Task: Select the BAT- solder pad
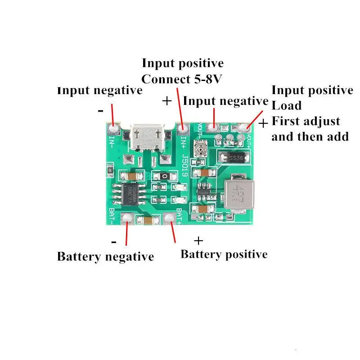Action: tap(127, 219)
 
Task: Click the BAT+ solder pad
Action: tap(169, 219)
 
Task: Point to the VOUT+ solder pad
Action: tap(245, 129)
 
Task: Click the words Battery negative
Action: tap(105, 257)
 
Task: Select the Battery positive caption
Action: tap(224, 254)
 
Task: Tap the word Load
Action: tap(287, 106)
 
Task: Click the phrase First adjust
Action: tap(306, 121)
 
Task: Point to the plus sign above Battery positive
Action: tap(198, 240)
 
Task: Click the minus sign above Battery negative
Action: tap(114, 242)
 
